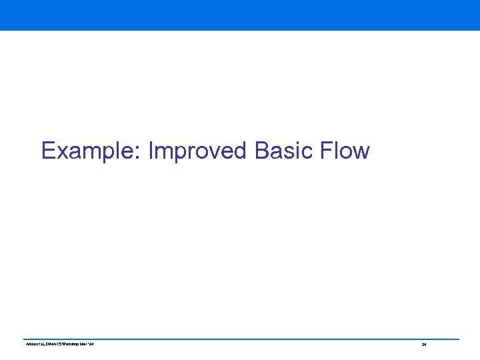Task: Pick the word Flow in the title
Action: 345,151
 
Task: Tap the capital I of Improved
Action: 151,151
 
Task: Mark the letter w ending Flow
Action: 360,153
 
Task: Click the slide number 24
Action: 423,345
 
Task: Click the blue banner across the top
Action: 240,15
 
